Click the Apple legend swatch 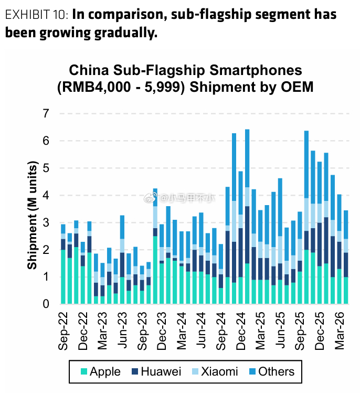coord(84,371)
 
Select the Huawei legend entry coord(156,371)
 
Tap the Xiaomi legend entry coord(215,371)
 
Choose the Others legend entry coord(272,371)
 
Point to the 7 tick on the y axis coord(46,113)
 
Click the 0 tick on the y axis coord(46,304)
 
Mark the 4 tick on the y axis coord(46,195)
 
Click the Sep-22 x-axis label coord(63,331)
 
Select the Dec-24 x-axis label coord(241,331)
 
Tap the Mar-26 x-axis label coord(340,331)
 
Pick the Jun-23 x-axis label coord(122,330)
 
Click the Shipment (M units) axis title coord(32,215)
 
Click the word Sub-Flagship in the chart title coord(159,70)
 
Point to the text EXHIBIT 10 coord(36,14)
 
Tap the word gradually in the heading coord(126,33)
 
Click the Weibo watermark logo coord(151,198)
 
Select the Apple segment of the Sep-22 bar coord(63,276)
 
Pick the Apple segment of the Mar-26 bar coord(340,286)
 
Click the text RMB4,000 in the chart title coord(97,87)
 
